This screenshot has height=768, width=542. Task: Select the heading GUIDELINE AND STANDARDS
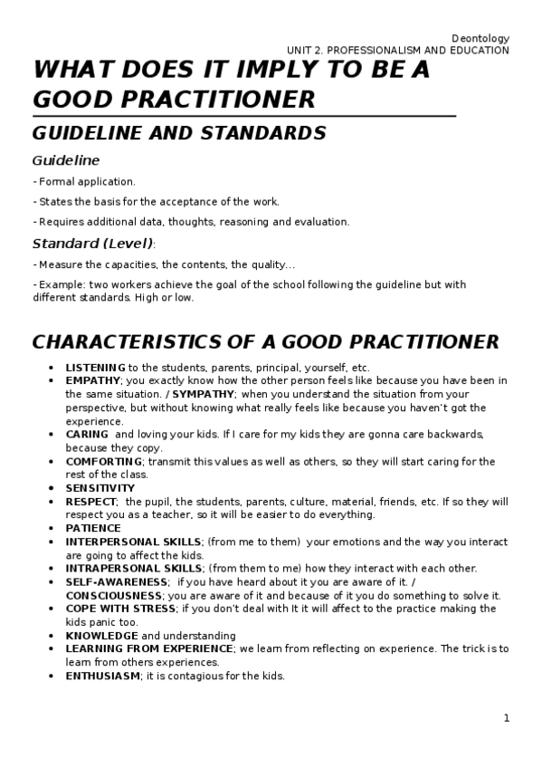coord(179,133)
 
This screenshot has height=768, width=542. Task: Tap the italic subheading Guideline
coord(66,160)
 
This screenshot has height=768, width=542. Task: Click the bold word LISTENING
coord(95,368)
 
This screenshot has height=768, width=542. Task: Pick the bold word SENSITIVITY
coord(100,488)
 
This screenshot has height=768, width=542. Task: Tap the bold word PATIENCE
coord(92,528)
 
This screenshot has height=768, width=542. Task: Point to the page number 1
coord(507,718)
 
